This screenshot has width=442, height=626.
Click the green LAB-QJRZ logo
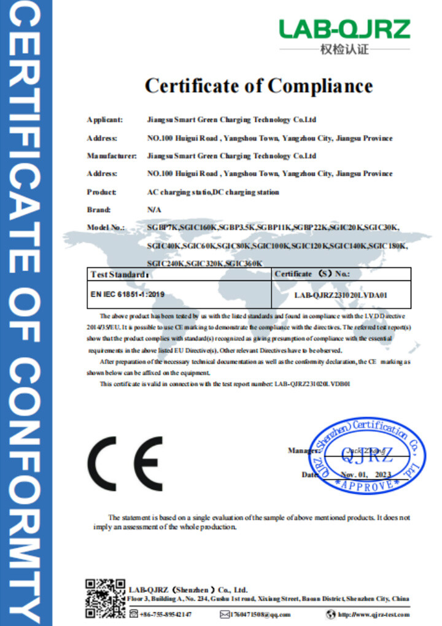pos(344,29)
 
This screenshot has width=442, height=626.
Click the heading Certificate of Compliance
pos(258,85)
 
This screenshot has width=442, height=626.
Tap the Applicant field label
pos(105,120)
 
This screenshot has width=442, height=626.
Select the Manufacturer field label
pos(111,156)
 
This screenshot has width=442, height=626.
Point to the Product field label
pos(102,192)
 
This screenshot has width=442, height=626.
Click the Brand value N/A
pos(154,210)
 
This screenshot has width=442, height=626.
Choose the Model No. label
pos(106,228)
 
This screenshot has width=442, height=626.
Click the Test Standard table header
pos(120,274)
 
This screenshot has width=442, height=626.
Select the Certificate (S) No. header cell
pos(312,274)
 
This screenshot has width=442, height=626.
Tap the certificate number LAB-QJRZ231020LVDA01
pos(340,295)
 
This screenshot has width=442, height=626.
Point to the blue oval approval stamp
pos(366,455)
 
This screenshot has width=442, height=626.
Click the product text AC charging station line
pos(213,192)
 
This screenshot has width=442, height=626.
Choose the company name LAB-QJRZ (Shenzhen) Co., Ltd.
pos(188,590)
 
